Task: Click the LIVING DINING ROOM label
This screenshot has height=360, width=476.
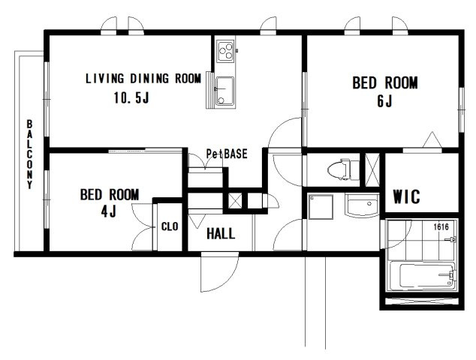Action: [143, 79]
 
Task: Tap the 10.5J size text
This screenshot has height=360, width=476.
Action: [131, 97]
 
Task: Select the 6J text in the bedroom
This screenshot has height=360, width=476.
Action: [384, 101]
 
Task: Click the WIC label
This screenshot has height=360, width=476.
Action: [406, 196]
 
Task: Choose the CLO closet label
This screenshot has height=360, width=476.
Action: [170, 226]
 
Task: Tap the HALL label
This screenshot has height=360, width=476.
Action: [221, 234]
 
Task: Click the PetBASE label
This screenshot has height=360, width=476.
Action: [227, 154]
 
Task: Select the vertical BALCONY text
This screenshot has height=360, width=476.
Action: [29, 154]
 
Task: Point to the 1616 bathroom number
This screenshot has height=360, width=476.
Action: [441, 226]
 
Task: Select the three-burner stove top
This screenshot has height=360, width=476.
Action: [225, 51]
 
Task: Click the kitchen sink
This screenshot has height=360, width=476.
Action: [225, 91]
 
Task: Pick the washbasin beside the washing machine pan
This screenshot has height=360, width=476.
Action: [362, 205]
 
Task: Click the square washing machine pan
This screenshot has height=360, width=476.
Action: [321, 207]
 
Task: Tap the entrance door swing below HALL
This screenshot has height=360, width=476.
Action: [219, 271]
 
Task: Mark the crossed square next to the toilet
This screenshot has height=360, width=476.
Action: [372, 169]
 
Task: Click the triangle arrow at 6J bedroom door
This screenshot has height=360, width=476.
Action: [432, 139]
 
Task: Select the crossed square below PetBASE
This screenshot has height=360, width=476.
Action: [235, 201]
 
